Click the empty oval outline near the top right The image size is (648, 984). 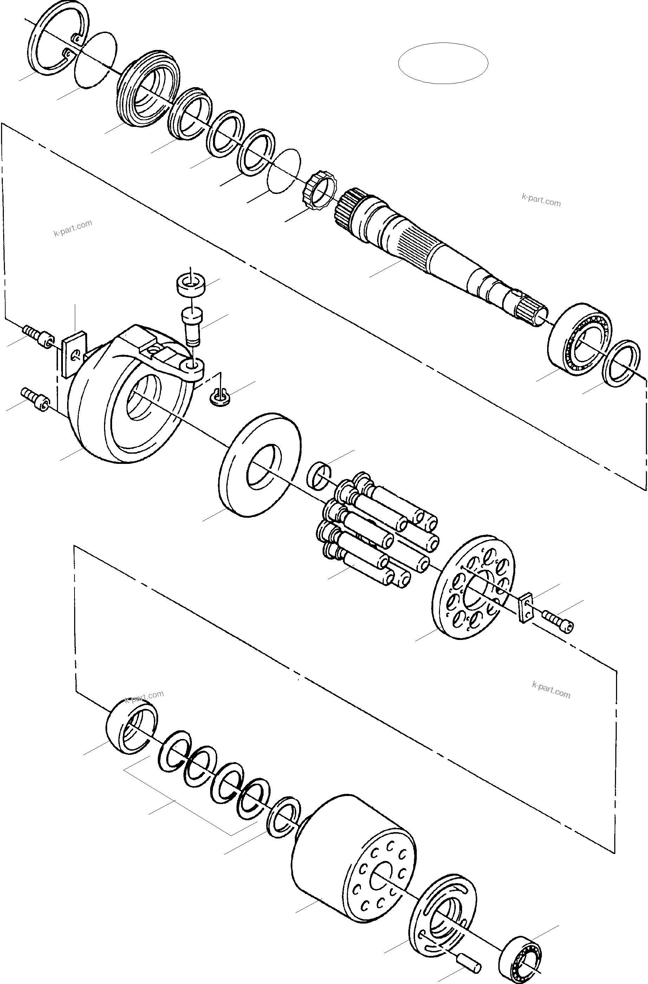(x=443, y=63)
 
